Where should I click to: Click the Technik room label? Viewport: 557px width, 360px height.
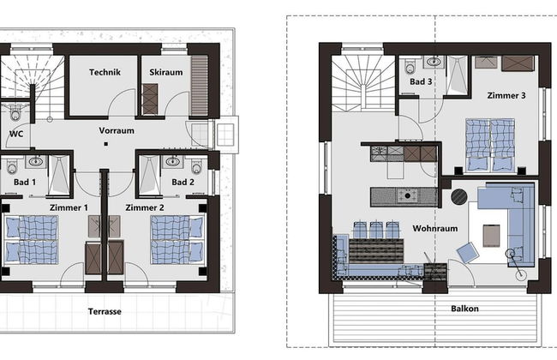pyautogui.click(x=104, y=73)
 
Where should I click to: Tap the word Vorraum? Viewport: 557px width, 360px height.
pyautogui.click(x=117, y=131)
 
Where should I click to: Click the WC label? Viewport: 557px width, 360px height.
pyautogui.click(x=16, y=135)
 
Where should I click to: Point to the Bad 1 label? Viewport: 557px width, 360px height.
pyautogui.click(x=24, y=182)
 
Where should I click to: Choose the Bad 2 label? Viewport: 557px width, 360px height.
pyautogui.click(x=183, y=182)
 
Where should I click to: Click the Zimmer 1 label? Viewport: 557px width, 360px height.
pyautogui.click(x=69, y=208)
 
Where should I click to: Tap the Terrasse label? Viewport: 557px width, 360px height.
pyautogui.click(x=105, y=311)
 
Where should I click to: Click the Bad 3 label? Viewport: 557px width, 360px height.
pyautogui.click(x=419, y=81)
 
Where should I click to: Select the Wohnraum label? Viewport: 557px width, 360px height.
pyautogui.click(x=434, y=229)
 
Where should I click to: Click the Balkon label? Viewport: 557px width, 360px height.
pyautogui.click(x=464, y=308)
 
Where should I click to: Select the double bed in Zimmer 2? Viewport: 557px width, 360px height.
pyautogui.click(x=177, y=239)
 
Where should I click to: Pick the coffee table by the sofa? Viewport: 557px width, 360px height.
pyautogui.click(x=492, y=234)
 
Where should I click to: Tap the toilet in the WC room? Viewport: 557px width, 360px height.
pyautogui.click(x=14, y=112)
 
